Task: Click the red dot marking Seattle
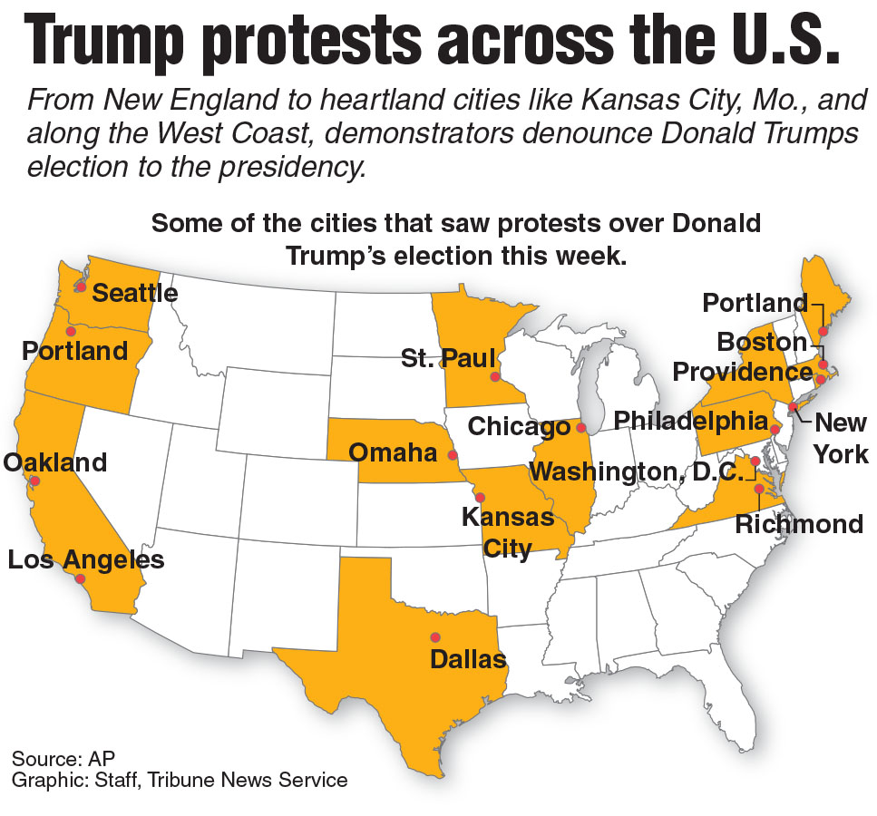tap(81, 287)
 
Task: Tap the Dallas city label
tap(468, 659)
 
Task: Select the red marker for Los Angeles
tap(81, 578)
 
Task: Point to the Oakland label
tap(55, 461)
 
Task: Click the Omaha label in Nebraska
tap(393, 452)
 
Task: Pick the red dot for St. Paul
tap(495, 376)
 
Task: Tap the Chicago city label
tap(520, 426)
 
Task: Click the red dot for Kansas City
tap(481, 497)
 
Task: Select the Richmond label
tap(798, 524)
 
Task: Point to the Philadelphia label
tap(691, 421)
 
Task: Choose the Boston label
tap(762, 343)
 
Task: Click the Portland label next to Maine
tap(755, 303)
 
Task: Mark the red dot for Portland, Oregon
tap(70, 331)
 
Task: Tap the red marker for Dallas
tap(435, 636)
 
